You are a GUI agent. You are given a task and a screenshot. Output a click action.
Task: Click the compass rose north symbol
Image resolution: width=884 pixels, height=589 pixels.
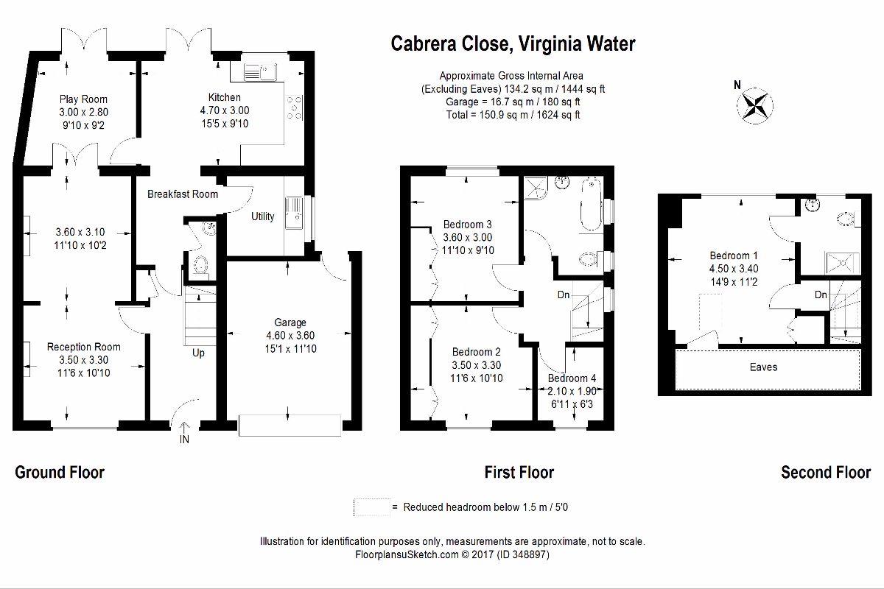tap(754, 106)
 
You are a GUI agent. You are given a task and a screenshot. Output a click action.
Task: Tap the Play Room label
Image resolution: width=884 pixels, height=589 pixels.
tap(83, 99)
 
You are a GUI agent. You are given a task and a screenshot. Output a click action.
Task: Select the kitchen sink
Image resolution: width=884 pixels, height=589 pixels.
tap(259, 72)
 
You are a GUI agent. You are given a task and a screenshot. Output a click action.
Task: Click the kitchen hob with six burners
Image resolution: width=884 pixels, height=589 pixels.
tap(295, 107)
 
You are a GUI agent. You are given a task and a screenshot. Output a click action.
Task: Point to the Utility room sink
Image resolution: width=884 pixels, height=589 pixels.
tap(294, 213)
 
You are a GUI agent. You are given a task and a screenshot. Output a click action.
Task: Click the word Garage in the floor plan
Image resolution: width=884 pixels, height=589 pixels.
tap(290, 322)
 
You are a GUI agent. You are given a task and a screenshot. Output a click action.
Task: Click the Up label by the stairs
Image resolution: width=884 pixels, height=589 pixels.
tap(198, 353)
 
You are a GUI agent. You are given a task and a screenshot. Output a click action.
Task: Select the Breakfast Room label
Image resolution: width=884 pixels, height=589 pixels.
tap(183, 194)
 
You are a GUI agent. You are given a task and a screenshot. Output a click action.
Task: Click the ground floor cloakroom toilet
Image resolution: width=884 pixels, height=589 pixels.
tap(200, 265)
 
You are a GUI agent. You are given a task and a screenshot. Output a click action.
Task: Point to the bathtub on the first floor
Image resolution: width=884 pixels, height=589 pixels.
tap(590, 205)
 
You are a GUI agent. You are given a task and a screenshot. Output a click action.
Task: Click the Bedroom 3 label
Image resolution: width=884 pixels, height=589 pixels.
tap(467, 225)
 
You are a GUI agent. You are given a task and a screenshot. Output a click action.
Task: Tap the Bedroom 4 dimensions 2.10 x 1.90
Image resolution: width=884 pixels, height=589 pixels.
tap(572, 391)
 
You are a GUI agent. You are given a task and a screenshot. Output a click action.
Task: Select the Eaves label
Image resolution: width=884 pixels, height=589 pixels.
tap(763, 367)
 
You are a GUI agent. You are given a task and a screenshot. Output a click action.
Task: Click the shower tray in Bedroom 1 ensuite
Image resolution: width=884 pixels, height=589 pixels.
tap(842, 263)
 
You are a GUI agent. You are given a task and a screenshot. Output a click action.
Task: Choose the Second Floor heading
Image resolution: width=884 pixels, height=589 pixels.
tap(826, 472)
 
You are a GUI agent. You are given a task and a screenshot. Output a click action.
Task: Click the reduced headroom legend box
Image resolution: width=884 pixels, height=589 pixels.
tap(371, 507)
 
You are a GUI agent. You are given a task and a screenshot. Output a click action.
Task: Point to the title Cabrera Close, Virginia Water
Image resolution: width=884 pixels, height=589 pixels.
tap(513, 43)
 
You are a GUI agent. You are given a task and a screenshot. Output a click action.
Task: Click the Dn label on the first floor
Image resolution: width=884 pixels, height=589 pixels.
tap(563, 294)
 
